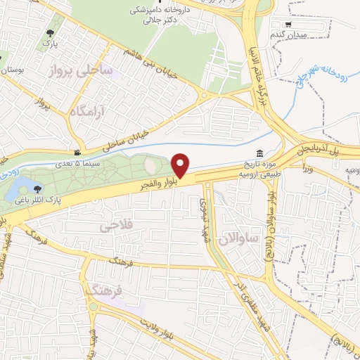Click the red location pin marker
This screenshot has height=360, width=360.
181,165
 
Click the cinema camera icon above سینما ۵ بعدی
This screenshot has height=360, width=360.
77,153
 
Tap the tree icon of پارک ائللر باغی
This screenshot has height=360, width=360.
37,188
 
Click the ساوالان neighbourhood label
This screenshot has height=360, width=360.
239,239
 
